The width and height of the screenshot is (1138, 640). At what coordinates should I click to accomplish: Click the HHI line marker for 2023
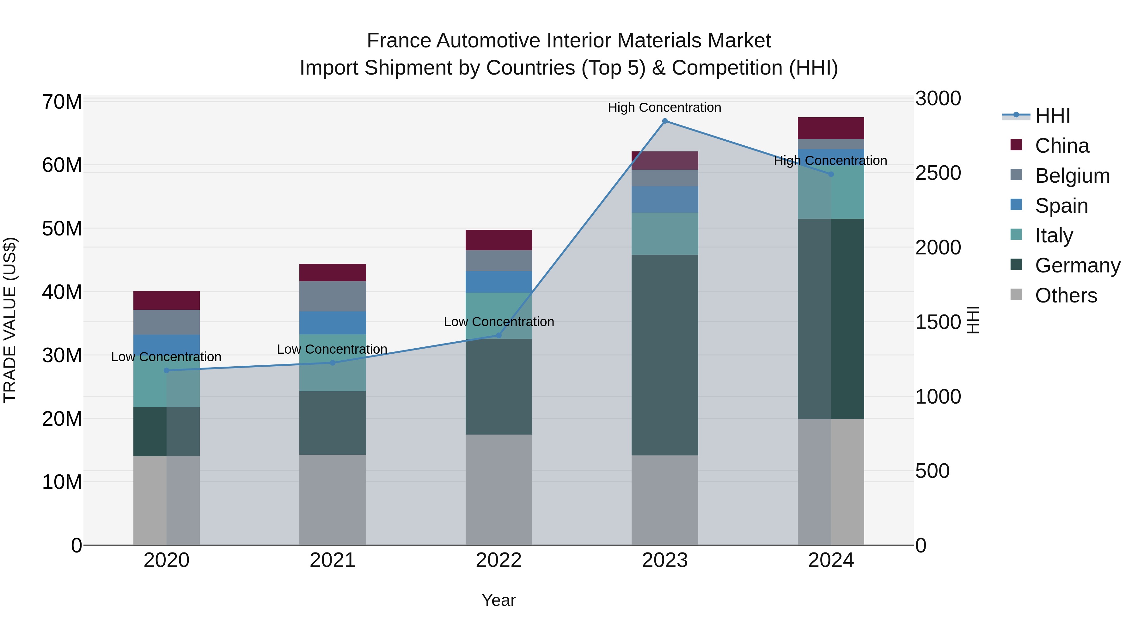664,121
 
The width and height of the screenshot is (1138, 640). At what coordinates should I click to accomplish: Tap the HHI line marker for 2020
167,370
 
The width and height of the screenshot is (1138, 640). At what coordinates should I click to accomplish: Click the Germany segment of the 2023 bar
664,355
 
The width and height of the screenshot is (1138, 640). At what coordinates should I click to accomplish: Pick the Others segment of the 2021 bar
332,500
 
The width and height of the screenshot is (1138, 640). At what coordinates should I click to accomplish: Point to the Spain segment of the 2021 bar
332,323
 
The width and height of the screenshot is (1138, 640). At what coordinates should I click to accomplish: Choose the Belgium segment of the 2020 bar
167,322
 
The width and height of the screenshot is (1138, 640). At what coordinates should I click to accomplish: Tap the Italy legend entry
1054,235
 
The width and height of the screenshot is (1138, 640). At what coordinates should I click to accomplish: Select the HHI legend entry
1052,116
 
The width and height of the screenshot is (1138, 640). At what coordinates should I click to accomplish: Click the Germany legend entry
1077,265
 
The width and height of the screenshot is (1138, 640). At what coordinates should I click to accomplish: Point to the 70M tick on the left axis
62,102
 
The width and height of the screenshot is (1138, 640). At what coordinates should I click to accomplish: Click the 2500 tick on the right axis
938,173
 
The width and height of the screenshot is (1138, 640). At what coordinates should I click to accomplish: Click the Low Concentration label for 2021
332,349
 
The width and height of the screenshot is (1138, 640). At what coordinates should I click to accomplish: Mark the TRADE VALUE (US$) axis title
10,320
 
